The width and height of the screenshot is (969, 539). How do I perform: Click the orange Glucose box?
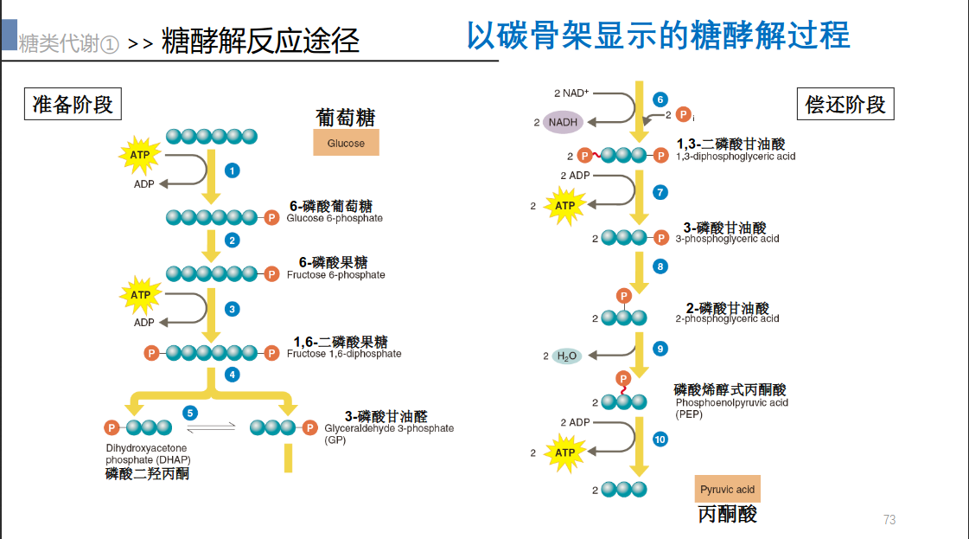click(x=346, y=143)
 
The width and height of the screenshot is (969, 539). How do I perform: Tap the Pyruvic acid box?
click(x=727, y=490)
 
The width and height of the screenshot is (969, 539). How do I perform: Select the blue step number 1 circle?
click(x=232, y=170)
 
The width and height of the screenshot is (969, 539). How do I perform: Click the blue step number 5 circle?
click(x=191, y=413)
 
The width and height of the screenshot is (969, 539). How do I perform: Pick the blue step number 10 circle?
click(x=660, y=440)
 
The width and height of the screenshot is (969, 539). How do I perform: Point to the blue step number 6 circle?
click(x=660, y=99)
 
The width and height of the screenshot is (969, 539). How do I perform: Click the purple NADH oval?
click(x=563, y=122)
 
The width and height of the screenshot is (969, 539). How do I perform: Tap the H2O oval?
click(x=567, y=356)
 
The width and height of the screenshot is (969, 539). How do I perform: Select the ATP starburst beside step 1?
click(x=139, y=156)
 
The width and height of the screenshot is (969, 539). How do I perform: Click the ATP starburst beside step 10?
click(x=564, y=452)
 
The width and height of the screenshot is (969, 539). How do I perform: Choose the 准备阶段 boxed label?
click(x=73, y=105)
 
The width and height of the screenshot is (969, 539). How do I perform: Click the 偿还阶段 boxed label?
click(x=845, y=105)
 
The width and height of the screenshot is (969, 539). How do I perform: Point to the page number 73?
click(x=889, y=520)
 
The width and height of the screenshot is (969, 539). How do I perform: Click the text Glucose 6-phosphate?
click(x=335, y=219)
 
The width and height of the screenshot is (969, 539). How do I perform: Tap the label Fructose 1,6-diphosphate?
click(x=344, y=354)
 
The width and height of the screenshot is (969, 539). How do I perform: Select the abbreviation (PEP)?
click(x=689, y=414)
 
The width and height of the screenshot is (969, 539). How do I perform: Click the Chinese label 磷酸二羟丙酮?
click(x=147, y=474)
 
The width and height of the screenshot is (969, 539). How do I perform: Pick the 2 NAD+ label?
click(x=571, y=93)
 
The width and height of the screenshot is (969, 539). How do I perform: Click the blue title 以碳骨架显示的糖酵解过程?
click(x=658, y=35)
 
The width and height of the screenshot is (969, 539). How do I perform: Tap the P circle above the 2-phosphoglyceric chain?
click(x=624, y=297)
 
